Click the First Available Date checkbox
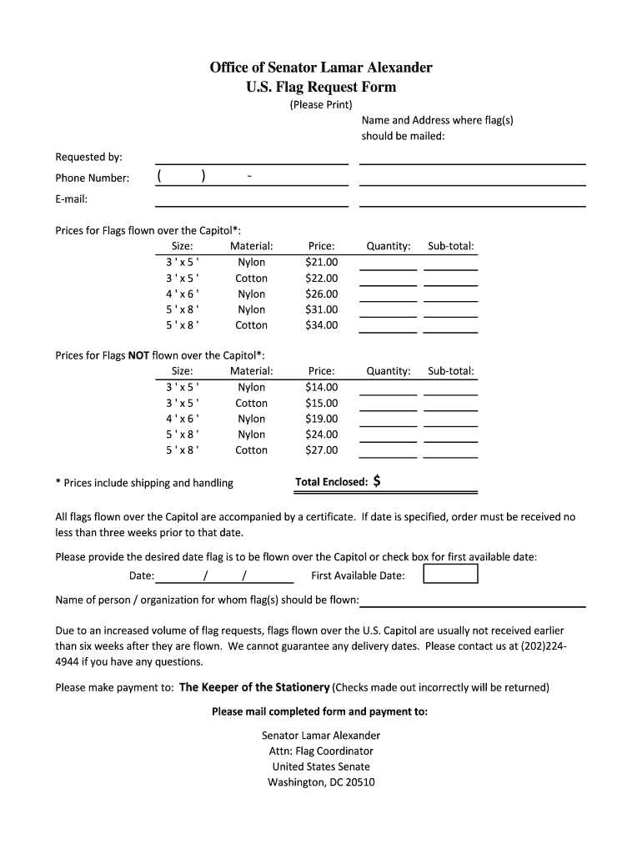click(x=450, y=575)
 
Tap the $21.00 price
click(x=322, y=262)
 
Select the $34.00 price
click(x=322, y=325)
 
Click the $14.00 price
click(x=322, y=387)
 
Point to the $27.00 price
click(x=322, y=450)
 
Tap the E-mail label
click(x=72, y=198)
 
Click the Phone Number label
click(x=92, y=178)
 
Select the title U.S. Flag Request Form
click(x=321, y=87)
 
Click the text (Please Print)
click(x=321, y=104)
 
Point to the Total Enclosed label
click(x=331, y=482)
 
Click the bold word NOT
click(x=138, y=355)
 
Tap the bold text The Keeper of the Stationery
click(x=254, y=687)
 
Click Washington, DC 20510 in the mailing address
click(x=321, y=782)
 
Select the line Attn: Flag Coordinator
click(x=321, y=751)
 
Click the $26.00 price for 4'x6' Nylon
click(x=322, y=294)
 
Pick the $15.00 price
click(x=322, y=403)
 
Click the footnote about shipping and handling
click(x=144, y=483)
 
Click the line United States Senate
click(x=321, y=766)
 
